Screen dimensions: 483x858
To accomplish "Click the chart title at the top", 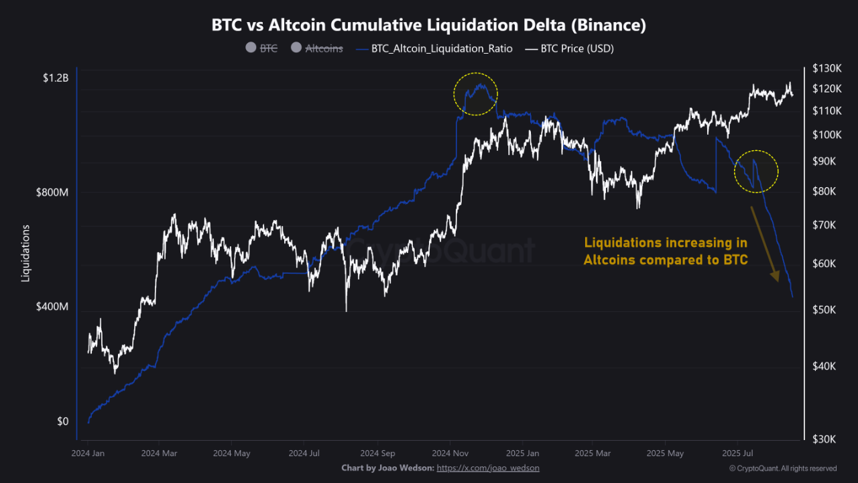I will point(429,25).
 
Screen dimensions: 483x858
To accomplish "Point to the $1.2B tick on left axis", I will point(55,78).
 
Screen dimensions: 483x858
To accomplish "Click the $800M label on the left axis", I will point(53,193).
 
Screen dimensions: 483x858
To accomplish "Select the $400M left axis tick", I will point(53,307).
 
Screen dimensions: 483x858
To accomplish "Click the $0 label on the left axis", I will point(62,421).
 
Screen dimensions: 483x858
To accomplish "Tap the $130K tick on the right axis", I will point(826,68).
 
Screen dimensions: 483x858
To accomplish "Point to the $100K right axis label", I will point(826,135).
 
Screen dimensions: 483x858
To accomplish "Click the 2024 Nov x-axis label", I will point(450,453).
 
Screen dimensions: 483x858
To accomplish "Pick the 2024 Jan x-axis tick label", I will point(87,453).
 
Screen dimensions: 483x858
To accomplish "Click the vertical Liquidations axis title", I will point(26,253).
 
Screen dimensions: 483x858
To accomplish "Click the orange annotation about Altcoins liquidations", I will point(665,251).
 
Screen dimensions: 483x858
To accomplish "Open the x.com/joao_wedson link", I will point(488,468).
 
